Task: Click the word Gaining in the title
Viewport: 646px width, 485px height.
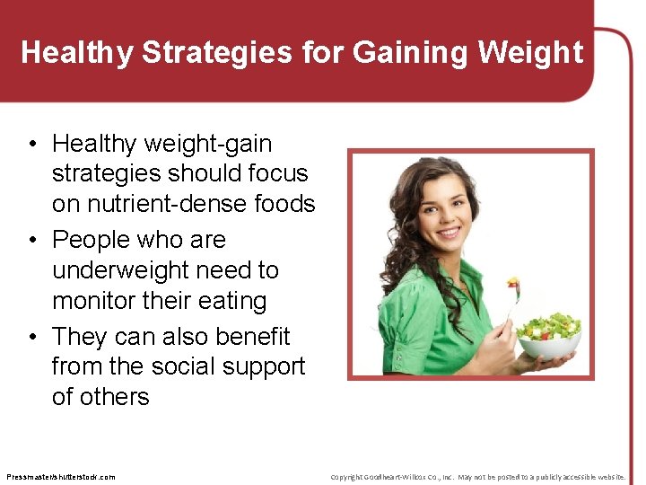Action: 409,53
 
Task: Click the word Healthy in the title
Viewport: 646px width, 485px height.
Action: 77,53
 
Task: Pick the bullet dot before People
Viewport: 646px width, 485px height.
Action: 31,241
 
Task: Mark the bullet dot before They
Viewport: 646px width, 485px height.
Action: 31,337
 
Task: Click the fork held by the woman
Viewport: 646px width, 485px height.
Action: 512,301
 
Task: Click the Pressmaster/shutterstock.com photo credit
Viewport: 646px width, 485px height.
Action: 60,476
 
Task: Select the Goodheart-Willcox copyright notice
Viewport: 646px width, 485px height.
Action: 477,476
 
